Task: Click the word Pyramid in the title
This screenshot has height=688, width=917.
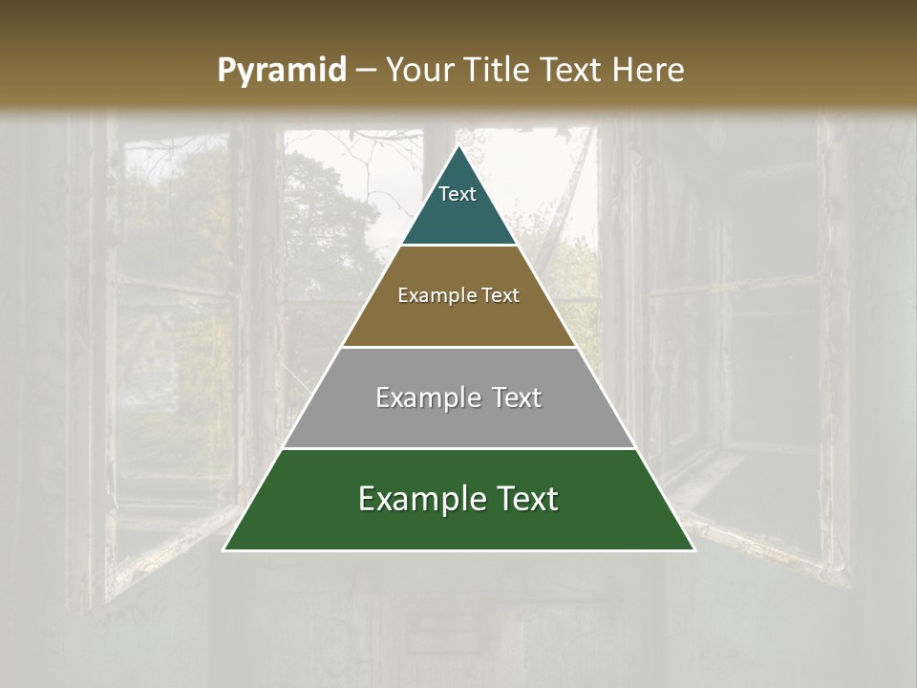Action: tap(281, 71)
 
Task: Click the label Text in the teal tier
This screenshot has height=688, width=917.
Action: tap(458, 194)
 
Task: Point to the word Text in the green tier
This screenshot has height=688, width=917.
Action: tap(523, 499)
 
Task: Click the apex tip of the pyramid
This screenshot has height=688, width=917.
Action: tap(458, 147)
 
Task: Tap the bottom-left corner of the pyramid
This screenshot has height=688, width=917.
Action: tap(225, 548)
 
